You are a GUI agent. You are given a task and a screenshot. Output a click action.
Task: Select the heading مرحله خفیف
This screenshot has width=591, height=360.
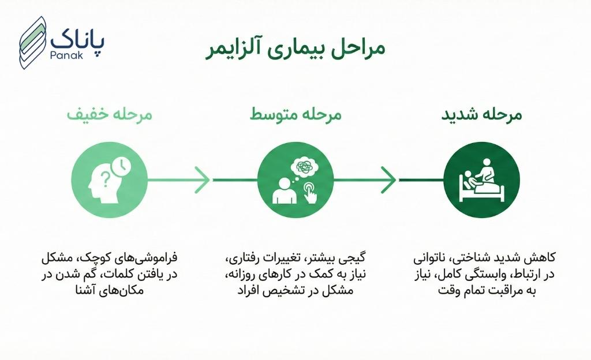[x=109, y=114]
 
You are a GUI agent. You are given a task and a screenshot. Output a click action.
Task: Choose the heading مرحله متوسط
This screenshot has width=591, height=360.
[x=295, y=114]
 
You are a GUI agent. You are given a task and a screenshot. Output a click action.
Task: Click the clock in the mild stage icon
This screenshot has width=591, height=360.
[x=122, y=166]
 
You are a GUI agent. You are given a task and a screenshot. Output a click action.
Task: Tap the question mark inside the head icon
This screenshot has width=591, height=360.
[x=105, y=177]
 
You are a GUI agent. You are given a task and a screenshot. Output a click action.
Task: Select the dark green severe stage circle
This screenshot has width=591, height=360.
[x=481, y=180]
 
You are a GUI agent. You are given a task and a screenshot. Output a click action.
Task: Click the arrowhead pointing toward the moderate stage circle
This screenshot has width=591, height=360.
[x=202, y=180]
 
